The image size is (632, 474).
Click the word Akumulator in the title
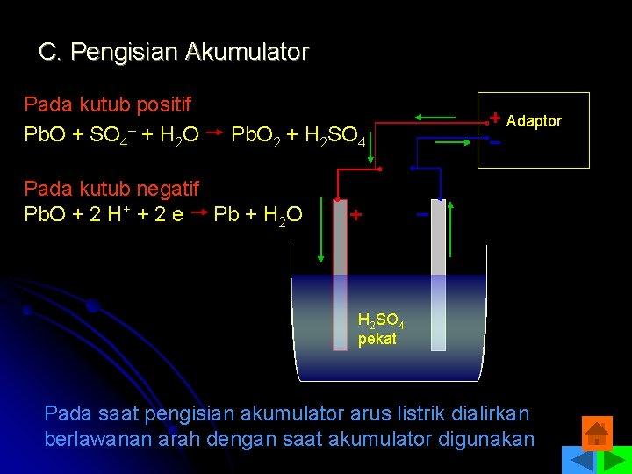[x=247, y=53]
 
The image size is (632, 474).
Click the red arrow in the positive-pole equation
[x=212, y=134]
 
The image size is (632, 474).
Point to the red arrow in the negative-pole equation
[x=197, y=212]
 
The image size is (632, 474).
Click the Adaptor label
[x=534, y=121]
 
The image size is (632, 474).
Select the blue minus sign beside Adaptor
[x=495, y=141]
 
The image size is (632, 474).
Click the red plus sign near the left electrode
[x=355, y=215]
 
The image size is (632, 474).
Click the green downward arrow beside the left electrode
[x=321, y=229]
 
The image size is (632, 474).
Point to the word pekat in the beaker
[x=377, y=339]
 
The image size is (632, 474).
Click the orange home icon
[x=597, y=433]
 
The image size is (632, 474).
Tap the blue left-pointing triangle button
[x=577, y=461]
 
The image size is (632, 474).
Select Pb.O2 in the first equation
[x=255, y=135]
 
